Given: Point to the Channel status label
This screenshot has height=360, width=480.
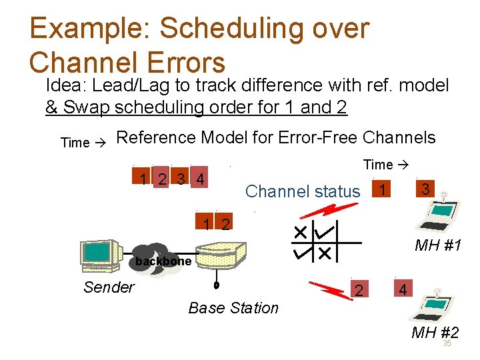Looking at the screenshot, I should point(302,191).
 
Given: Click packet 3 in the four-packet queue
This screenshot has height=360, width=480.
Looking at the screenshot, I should point(181,179).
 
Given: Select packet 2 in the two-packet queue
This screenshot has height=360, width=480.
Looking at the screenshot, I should point(226,225).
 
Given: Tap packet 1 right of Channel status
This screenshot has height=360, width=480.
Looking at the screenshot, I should point(381,190).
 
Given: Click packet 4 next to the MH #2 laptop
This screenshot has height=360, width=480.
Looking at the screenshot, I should point(402,290).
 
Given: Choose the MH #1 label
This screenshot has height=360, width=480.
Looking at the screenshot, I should point(438,246).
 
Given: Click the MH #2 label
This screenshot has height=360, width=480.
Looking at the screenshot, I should point(435,333).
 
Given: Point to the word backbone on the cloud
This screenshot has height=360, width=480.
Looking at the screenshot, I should point(163,261).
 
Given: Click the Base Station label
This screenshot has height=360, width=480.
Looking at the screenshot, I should point(233,308).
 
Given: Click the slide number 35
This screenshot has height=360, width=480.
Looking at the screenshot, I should point(447,344).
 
